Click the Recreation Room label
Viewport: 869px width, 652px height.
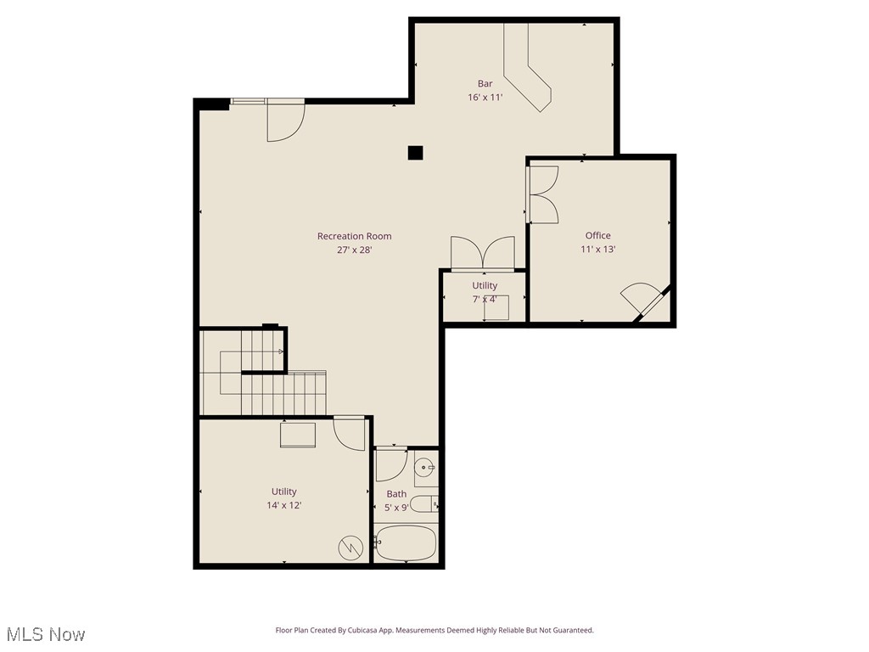(354, 236)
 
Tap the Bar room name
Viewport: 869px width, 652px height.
(485, 83)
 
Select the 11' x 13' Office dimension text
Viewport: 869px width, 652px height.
(597, 250)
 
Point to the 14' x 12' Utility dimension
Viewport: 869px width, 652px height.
(283, 505)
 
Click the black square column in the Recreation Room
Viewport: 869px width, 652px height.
(415, 153)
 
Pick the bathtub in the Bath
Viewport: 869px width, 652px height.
(406, 543)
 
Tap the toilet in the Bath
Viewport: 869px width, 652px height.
(428, 504)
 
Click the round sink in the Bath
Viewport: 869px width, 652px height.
(424, 468)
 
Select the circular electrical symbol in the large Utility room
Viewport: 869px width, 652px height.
(350, 548)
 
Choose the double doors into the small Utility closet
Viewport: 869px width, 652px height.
(483, 253)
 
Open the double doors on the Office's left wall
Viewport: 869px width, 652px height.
(541, 194)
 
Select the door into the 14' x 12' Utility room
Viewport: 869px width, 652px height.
(348, 432)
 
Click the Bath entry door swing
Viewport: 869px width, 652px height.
(390, 464)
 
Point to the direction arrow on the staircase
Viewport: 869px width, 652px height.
(280, 351)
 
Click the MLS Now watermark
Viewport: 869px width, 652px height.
(45, 634)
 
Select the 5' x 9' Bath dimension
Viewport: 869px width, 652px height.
(396, 507)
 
